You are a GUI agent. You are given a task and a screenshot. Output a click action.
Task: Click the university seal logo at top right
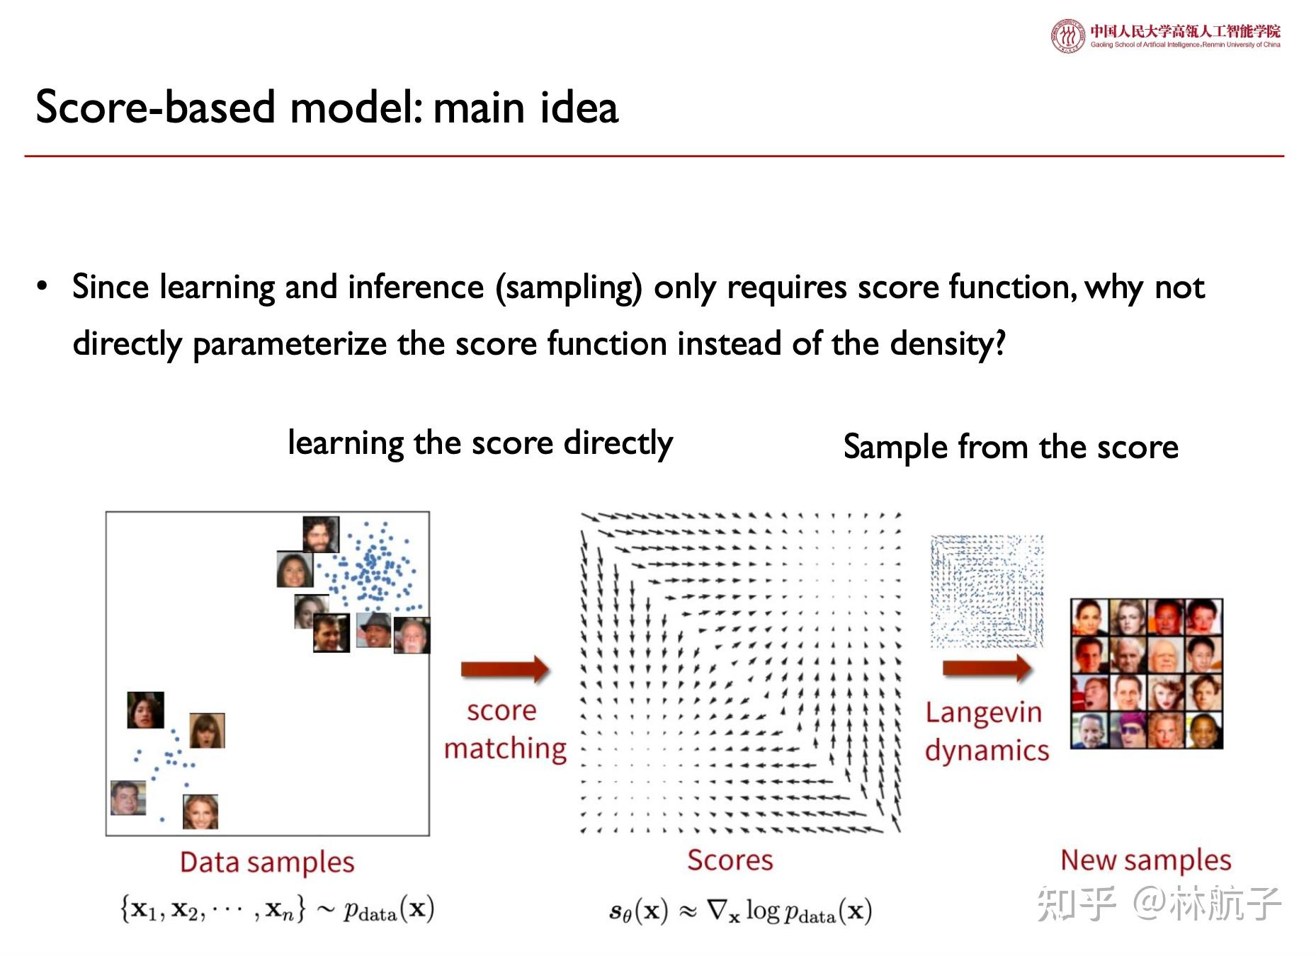point(1067,36)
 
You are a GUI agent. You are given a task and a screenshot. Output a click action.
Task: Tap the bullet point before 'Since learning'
point(42,287)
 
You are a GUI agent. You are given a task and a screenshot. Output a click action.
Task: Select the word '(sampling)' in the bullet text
point(569,288)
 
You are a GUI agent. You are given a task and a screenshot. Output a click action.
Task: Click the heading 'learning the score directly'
point(480,444)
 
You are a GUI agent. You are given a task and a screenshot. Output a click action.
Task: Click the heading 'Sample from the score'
point(1010,448)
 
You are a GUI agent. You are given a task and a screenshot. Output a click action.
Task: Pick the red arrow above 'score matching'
point(504,668)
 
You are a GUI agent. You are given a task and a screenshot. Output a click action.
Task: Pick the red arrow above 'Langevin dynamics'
point(986,667)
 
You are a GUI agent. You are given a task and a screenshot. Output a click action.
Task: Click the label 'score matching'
point(504,729)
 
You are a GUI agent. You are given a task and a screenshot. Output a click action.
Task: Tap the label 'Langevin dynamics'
point(986,731)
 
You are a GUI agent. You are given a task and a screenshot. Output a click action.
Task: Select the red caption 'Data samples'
point(266,863)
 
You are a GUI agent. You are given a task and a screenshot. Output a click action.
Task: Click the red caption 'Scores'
point(730,860)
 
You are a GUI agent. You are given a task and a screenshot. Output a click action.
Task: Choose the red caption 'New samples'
point(1145,860)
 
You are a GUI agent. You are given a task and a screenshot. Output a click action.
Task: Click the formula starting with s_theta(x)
point(739,911)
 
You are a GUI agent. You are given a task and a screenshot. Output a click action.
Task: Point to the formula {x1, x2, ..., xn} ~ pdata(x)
point(276,909)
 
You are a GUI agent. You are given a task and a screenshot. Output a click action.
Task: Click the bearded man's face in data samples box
point(320,534)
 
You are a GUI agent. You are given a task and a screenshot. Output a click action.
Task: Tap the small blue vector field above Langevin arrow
point(987,591)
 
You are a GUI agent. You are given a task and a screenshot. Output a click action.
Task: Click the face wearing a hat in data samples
point(373,629)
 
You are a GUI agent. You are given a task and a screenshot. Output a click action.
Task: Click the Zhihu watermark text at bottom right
point(1159,904)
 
